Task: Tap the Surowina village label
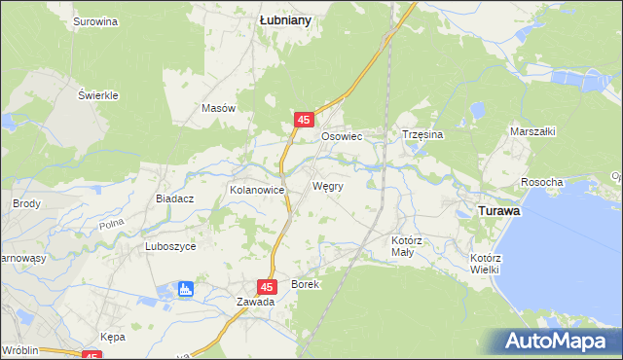pos(95,20)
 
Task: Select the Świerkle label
pos(98,95)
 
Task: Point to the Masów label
pos(218,109)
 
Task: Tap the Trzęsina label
pos(422,135)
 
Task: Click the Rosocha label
pos(542,182)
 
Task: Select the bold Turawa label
pos(496,209)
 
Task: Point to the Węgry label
pos(327,185)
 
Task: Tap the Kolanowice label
pos(256,190)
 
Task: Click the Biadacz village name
pos(175,198)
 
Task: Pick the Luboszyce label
pos(170,247)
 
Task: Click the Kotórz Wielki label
pos(484,263)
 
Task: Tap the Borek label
pos(305,284)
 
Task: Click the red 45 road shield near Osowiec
pos(304,120)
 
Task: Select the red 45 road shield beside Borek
pos(268,286)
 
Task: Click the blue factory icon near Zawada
pos(186,289)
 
